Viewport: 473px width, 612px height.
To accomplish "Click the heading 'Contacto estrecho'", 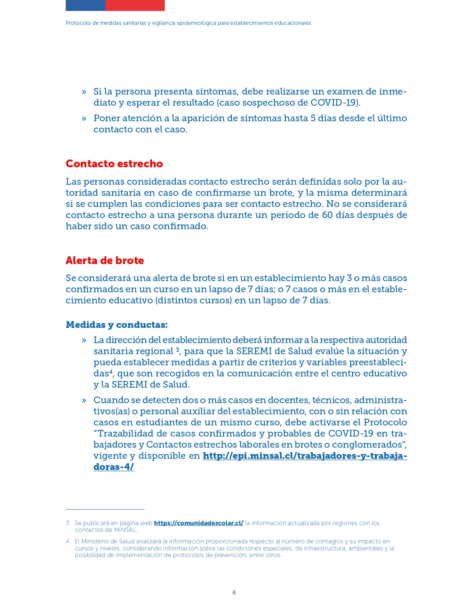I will point(114,164).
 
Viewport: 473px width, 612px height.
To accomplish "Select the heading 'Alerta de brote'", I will point(105,260).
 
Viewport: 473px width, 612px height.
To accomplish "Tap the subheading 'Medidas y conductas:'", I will point(116,325).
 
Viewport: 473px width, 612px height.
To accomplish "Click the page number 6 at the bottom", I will point(234,592).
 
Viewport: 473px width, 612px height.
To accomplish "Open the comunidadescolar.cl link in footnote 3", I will point(198,523).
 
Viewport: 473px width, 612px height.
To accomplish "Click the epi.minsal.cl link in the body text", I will point(305,456).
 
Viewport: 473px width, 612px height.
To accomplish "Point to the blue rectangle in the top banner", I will point(85,5).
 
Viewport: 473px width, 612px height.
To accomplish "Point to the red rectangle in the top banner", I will point(135,5).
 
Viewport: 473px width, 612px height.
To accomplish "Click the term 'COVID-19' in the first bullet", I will point(334,102).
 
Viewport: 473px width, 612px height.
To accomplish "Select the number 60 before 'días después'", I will point(327,215).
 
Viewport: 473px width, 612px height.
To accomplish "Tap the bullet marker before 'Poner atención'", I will point(84,118).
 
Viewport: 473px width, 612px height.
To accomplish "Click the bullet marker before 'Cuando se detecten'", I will point(84,400).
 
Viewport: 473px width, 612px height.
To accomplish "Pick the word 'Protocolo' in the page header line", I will point(78,23).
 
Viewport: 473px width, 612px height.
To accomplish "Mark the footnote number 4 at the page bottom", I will point(68,542).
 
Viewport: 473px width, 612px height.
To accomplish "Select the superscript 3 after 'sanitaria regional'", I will point(178,349).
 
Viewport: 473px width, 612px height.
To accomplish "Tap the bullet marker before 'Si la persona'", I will point(84,92).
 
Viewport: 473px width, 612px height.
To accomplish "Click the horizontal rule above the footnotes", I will point(105,509).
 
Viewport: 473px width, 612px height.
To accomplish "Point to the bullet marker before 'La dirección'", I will point(84,340).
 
